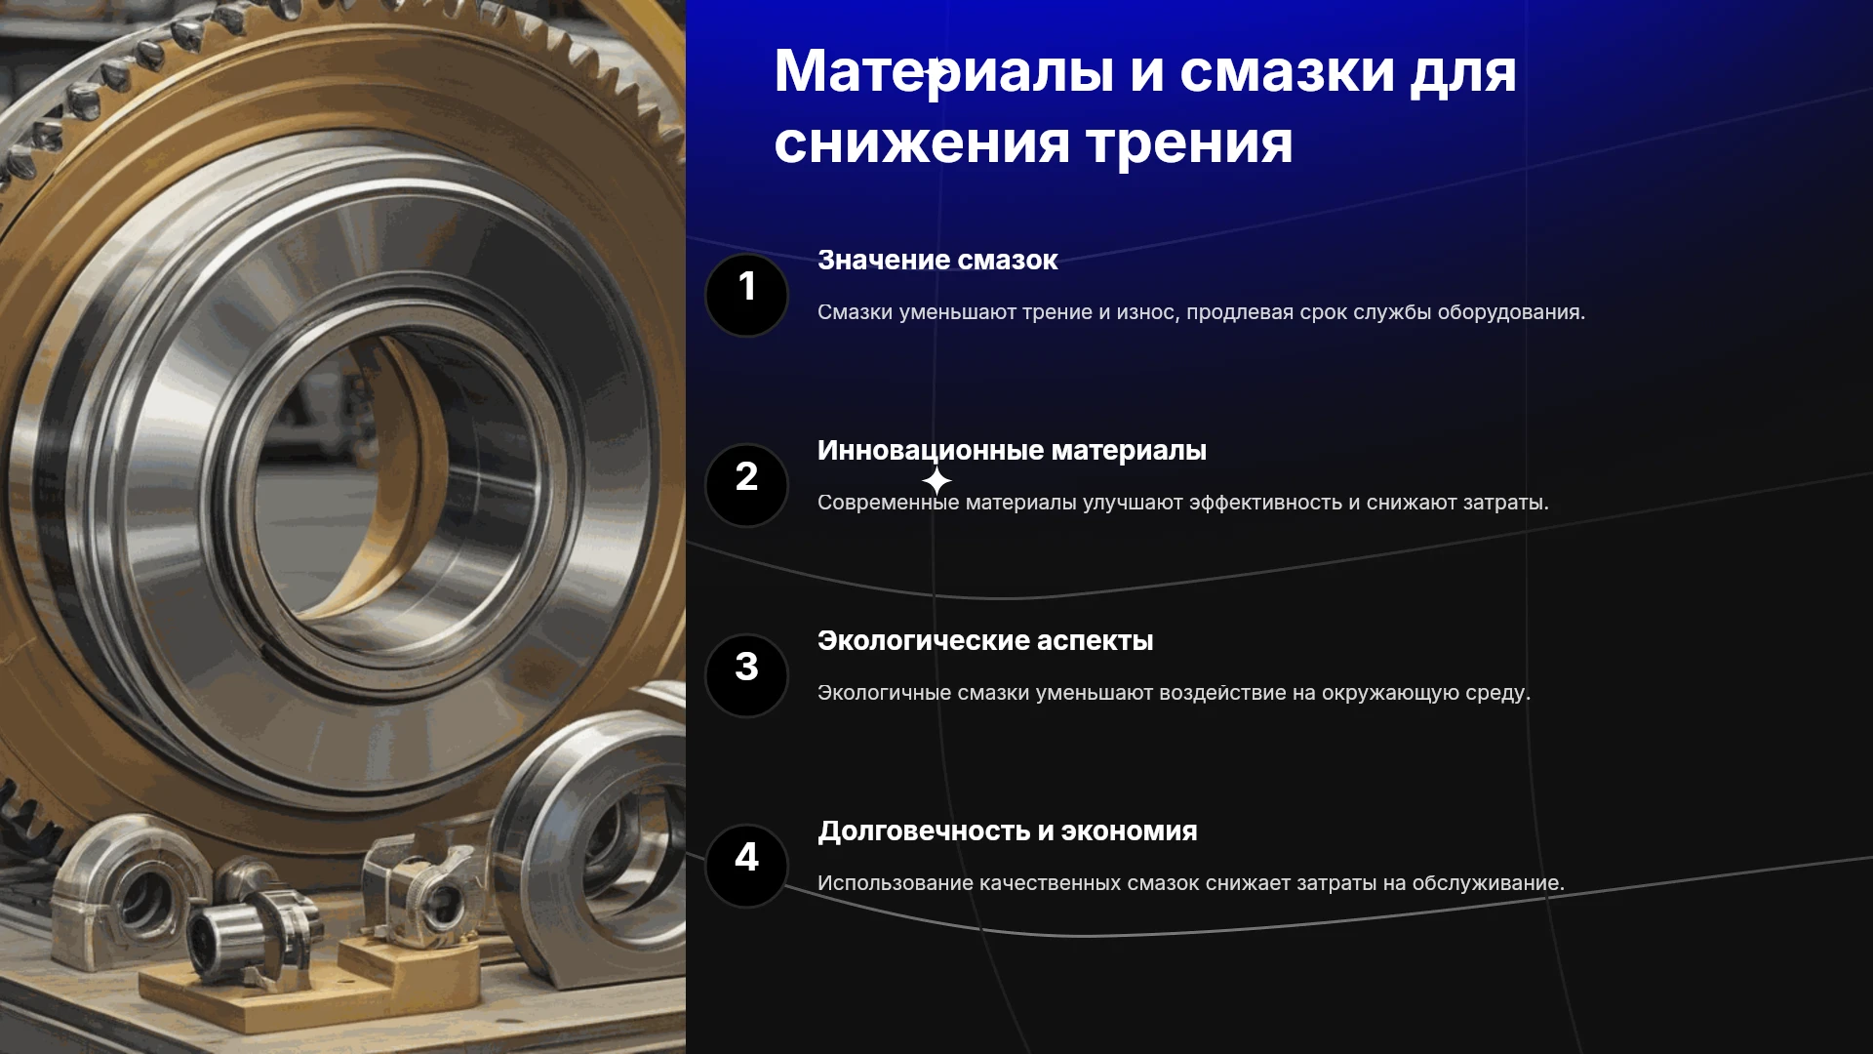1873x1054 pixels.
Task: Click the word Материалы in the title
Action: click(944, 71)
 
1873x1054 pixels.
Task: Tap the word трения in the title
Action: click(1190, 143)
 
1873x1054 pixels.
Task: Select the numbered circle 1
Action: click(746, 295)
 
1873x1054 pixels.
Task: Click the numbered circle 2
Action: click(746, 485)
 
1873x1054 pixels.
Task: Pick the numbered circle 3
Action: click(746, 675)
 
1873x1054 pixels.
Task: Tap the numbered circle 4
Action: click(746, 866)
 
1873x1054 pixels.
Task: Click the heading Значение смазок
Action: click(937, 260)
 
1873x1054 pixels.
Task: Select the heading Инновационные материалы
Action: click(1012, 451)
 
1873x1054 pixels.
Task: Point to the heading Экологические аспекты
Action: click(985, 641)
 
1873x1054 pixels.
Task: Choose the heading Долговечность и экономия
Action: click(1008, 831)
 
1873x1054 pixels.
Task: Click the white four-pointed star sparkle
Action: click(936, 480)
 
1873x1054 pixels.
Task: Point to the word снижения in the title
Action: click(922, 143)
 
